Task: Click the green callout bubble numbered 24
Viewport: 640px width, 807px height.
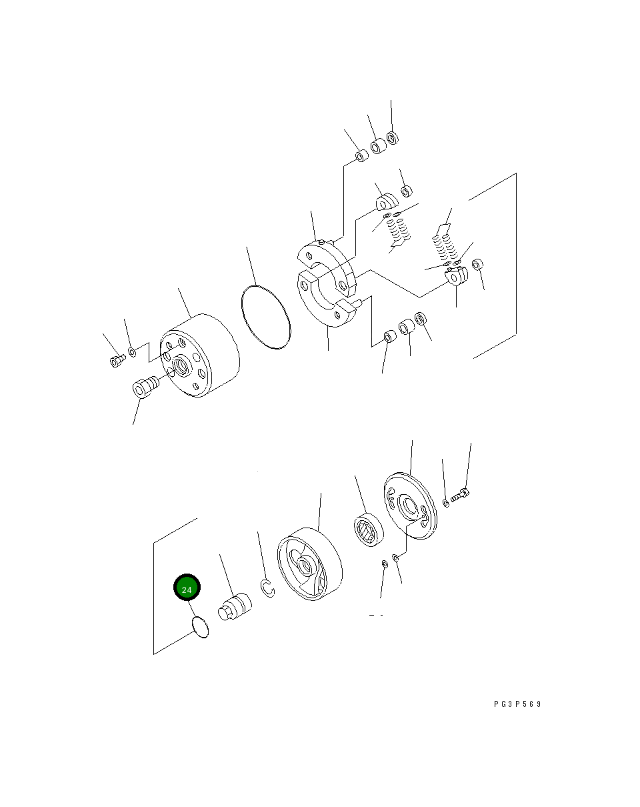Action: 187,590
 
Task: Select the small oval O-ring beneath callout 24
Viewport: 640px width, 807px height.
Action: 200,627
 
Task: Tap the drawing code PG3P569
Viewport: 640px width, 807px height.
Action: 517,704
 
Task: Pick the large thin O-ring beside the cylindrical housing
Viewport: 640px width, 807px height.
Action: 265,317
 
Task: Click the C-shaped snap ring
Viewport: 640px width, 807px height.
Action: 267,590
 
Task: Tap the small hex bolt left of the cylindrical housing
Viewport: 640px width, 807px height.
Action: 117,360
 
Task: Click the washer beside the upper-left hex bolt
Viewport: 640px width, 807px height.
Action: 133,351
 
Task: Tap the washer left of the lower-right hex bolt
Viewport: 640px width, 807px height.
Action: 446,502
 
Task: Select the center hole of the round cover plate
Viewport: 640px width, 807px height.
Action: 405,500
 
